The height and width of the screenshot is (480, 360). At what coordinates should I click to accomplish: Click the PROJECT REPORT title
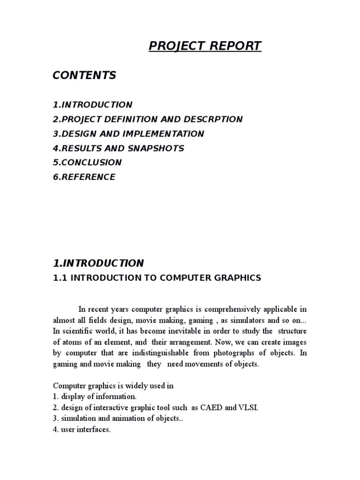[x=205, y=46]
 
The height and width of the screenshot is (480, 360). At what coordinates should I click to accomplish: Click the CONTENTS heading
[x=84, y=75]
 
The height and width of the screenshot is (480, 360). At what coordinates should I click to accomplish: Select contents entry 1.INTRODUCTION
[x=92, y=105]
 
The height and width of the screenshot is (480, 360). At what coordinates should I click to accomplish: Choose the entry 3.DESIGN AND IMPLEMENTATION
[x=128, y=134]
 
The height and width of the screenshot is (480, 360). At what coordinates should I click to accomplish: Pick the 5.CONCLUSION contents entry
[x=87, y=163]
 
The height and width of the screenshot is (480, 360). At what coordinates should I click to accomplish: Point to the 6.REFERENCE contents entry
[x=84, y=177]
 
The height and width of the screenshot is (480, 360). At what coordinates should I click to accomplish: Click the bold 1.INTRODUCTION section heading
[x=98, y=263]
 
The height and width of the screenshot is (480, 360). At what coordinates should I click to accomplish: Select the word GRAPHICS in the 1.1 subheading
[x=237, y=278]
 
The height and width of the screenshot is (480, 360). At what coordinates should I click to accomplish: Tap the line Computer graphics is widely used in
[x=113, y=386]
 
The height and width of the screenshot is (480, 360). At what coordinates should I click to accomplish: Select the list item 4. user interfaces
[x=82, y=429]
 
